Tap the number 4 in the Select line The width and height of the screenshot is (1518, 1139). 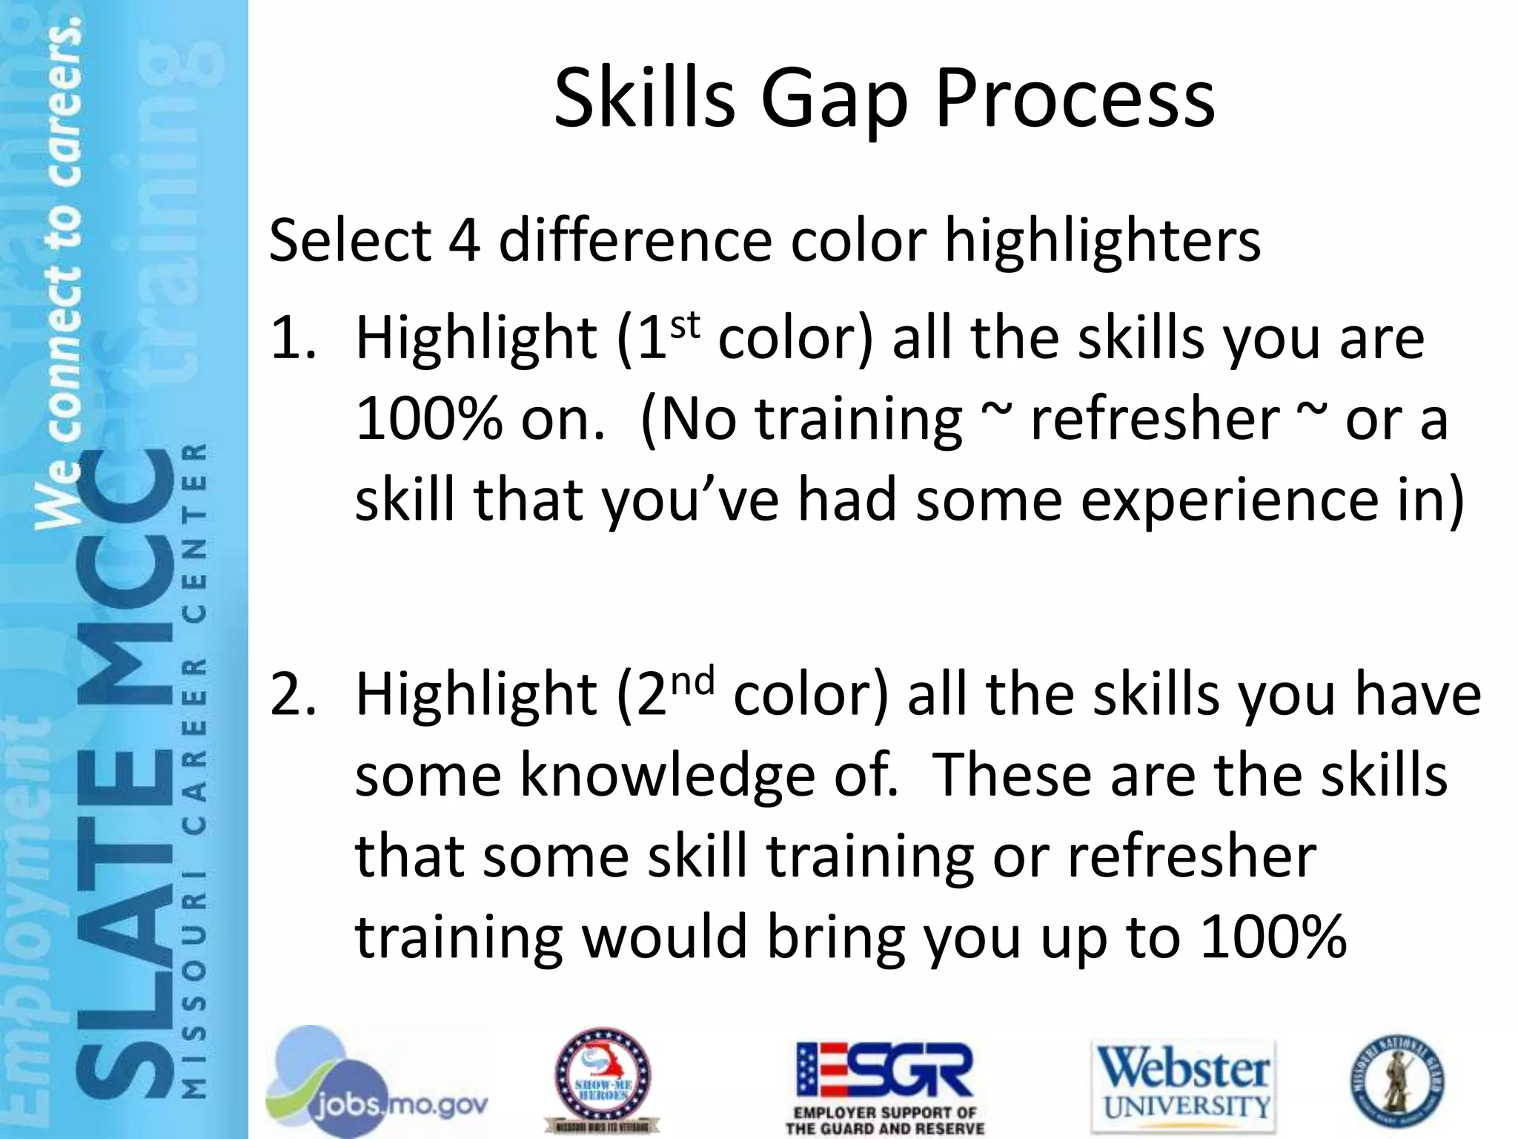pyautogui.click(x=463, y=241)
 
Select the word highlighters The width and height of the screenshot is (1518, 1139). pyautogui.click(x=1102, y=241)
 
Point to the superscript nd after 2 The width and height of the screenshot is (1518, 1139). pyautogui.click(x=691, y=681)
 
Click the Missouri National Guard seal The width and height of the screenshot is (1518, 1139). pyautogui.click(x=1396, y=1080)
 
